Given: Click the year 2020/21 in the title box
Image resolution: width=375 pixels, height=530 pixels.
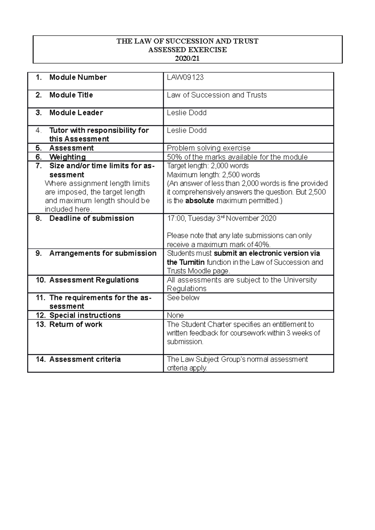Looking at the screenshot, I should pyautogui.click(x=187, y=58).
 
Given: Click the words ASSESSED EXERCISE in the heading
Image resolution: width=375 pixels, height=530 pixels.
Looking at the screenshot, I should pyautogui.click(x=187, y=50).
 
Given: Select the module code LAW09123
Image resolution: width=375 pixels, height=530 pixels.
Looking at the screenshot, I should pyautogui.click(x=185, y=77).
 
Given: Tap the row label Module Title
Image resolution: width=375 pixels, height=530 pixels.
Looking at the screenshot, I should pyautogui.click(x=71, y=95).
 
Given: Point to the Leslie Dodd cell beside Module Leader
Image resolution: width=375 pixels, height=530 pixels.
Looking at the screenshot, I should pyautogui.click(x=187, y=113).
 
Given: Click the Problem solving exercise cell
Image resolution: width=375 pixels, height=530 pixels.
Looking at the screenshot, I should pyautogui.click(x=208, y=148).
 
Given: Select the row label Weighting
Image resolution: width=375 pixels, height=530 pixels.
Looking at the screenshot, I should pyautogui.click(x=67, y=157).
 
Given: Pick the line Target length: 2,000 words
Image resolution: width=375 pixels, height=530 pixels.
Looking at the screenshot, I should pyautogui.click(x=207, y=166).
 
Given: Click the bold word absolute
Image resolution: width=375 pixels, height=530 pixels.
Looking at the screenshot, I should pyautogui.click(x=199, y=201).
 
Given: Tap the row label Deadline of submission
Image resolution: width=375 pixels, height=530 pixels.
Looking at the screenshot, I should pyautogui.click(x=91, y=218).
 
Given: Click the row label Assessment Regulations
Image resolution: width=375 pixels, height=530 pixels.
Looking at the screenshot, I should pyautogui.click(x=94, y=280).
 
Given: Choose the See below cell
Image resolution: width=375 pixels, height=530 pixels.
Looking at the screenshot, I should pyautogui.click(x=183, y=298).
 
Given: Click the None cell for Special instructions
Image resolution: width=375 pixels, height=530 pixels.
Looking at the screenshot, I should pyautogui.click(x=175, y=315).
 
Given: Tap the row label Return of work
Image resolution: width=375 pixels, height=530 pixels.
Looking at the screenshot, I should pyautogui.click(x=76, y=324).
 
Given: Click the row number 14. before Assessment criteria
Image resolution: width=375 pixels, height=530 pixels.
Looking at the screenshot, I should pyautogui.click(x=41, y=359).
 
